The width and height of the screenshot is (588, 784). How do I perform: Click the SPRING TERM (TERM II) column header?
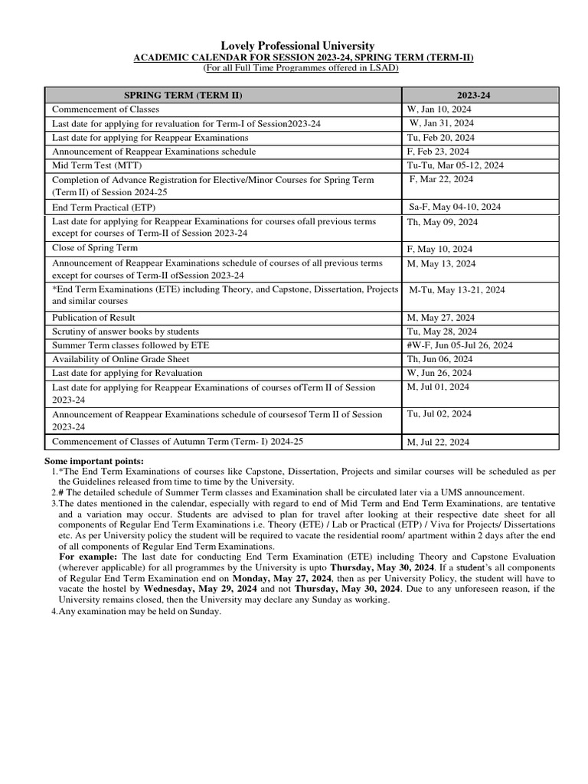pyautogui.click(x=188, y=95)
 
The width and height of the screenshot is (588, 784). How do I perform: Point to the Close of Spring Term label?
pyautogui.click(x=95, y=248)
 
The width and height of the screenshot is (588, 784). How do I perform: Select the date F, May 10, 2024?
pyautogui.click(x=441, y=249)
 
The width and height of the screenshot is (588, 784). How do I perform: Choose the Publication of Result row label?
pyautogui.click(x=93, y=317)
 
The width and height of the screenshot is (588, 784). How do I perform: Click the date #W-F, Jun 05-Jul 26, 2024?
pyautogui.click(x=461, y=345)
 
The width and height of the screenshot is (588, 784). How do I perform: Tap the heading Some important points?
pyautogui.click(x=94, y=460)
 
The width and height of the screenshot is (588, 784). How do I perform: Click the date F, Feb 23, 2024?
pyautogui.click(x=440, y=151)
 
